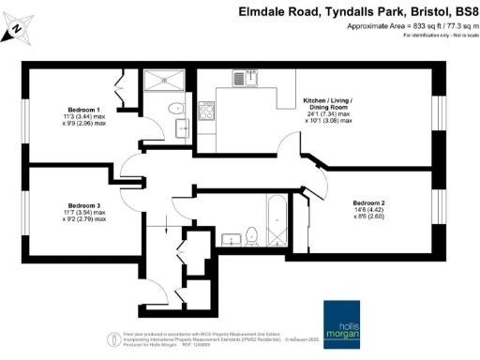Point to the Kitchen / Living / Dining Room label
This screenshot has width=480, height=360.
click(x=327, y=104)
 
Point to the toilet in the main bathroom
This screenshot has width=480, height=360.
click(x=251, y=239)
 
